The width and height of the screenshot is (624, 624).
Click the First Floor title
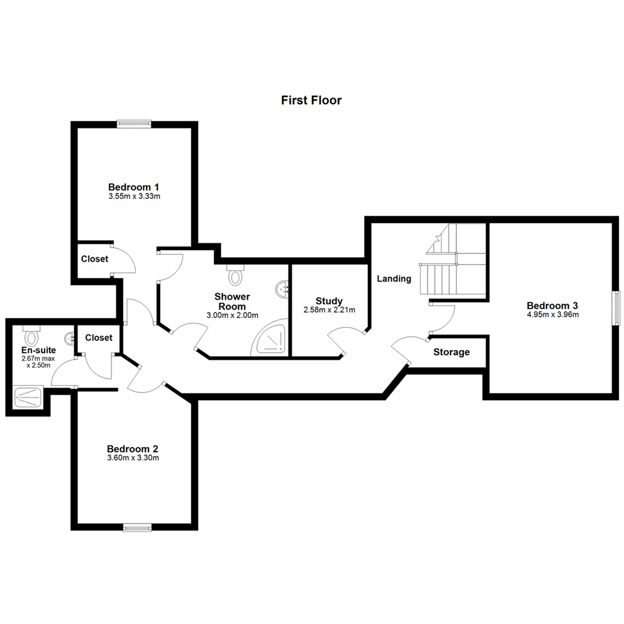coord(311,100)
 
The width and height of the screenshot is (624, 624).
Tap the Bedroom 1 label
coord(133,187)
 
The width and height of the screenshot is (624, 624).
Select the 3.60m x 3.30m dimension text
coord(133,458)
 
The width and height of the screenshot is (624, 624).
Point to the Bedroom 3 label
coord(552,306)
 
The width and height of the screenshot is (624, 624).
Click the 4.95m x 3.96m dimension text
coord(553,314)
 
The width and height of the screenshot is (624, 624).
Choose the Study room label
coord(329,301)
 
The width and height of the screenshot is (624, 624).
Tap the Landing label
coord(394,278)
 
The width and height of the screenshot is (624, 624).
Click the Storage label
coord(451,352)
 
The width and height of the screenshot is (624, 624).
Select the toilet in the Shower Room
coord(236,274)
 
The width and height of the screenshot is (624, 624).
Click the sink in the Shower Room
coord(283,288)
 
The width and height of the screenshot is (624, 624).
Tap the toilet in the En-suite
coord(31,336)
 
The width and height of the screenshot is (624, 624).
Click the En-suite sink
coord(69,339)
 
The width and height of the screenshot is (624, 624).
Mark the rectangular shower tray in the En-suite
coord(28,397)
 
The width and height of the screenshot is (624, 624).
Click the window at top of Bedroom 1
coord(134,124)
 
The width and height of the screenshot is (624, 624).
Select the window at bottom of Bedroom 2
coord(138,528)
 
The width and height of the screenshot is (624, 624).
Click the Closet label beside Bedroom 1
coord(95,259)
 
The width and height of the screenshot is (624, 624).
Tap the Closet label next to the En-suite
coord(99,338)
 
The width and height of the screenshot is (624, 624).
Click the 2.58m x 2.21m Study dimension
coord(329,310)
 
